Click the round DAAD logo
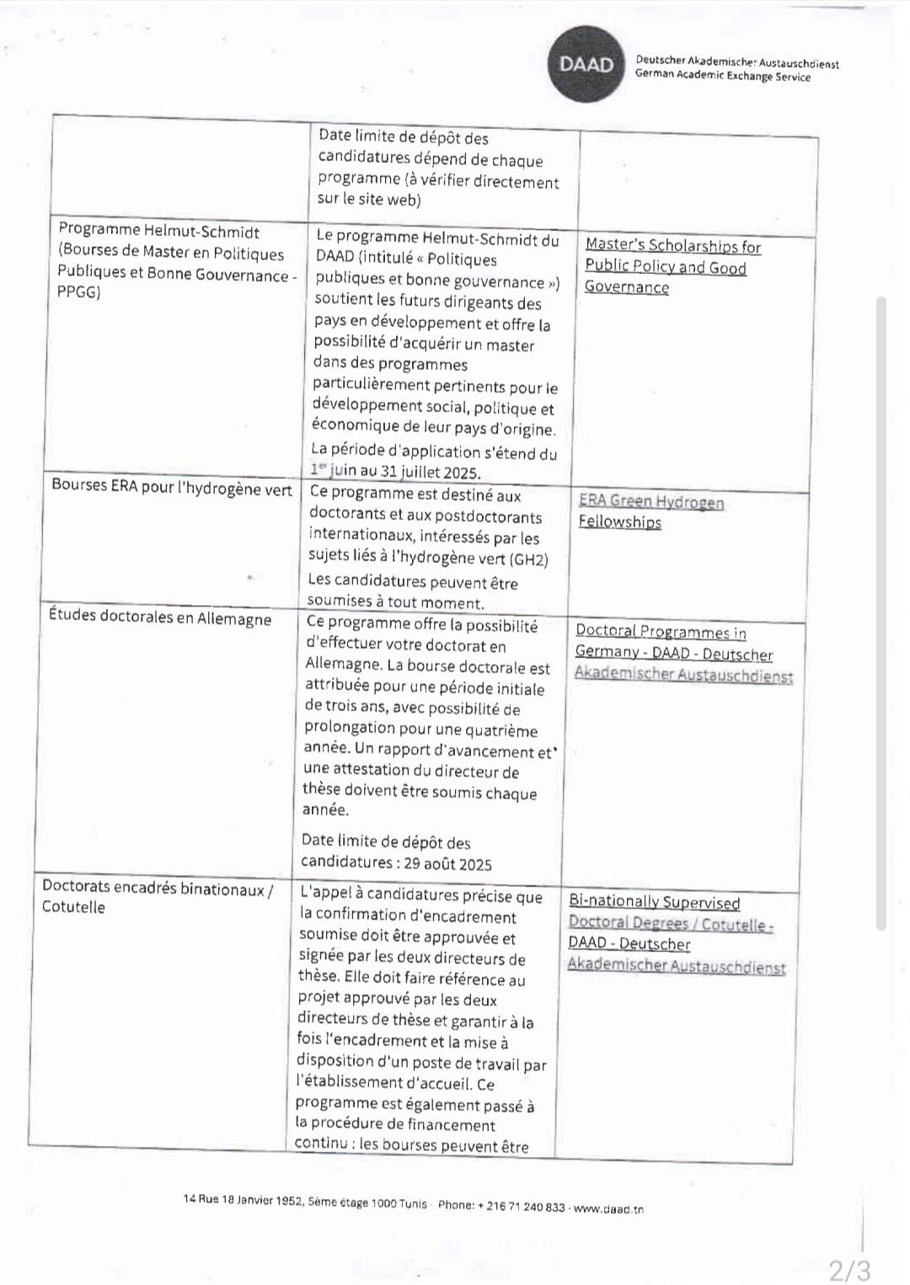[x=586, y=64]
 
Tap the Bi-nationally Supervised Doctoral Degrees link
[x=654, y=902]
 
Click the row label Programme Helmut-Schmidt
[x=158, y=231]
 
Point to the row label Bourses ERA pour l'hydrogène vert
[x=172, y=487]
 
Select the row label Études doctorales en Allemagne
[x=160, y=617]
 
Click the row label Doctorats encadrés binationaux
[x=158, y=889]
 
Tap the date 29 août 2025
[x=447, y=864]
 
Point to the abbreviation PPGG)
[x=79, y=292]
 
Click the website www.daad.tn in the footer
[x=608, y=1208]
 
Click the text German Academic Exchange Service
[x=723, y=77]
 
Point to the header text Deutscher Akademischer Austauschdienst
[x=737, y=62]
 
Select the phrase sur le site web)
[x=369, y=200]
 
